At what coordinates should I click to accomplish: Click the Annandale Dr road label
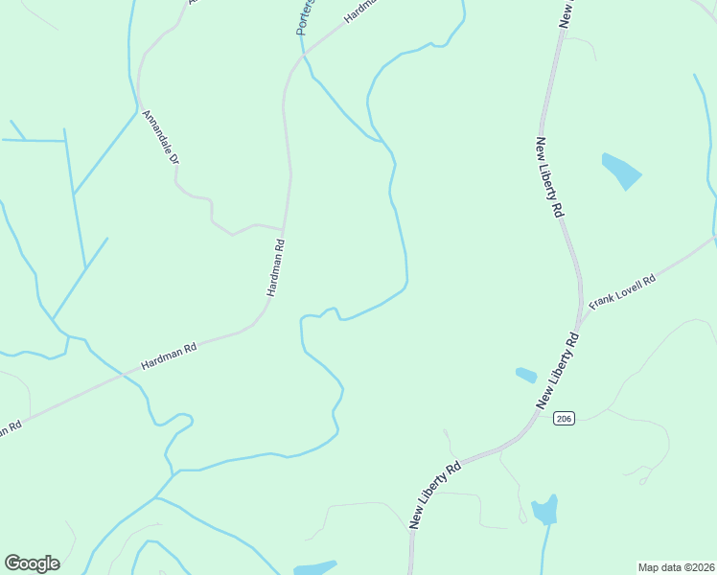point(161,137)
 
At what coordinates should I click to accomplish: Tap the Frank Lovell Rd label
point(621,291)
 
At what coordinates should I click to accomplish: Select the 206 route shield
point(564,419)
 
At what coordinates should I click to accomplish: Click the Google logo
point(32,563)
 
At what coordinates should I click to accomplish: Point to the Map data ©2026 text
point(676,567)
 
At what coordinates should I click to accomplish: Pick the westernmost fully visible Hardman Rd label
point(168,356)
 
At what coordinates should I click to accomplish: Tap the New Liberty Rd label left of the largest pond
point(548,178)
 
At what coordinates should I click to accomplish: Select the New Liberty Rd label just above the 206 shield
point(559,372)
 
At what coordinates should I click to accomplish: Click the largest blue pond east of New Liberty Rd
point(620,170)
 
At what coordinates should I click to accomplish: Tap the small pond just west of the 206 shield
point(526,375)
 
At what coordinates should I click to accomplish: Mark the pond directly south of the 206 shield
point(544,509)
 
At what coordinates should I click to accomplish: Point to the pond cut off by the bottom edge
point(314,567)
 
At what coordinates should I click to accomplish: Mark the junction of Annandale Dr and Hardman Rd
point(284,230)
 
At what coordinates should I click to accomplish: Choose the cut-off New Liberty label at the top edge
point(567,12)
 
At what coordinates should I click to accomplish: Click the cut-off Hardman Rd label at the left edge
point(10,428)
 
